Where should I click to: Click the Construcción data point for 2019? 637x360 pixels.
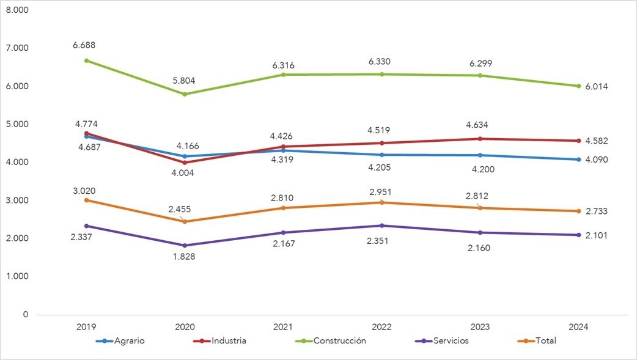pos(87,61)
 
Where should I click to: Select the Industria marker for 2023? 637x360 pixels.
pos(480,139)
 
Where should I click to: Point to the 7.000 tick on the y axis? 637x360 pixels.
pos(17,48)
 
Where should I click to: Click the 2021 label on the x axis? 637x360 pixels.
pos(283,327)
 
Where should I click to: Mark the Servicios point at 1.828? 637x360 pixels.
pos(185,246)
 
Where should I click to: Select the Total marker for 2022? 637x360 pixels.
pos(381,202)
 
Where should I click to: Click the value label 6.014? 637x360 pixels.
pos(595,87)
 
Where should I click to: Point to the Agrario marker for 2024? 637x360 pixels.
pos(578,160)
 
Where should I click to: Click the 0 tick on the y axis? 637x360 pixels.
pos(24,314)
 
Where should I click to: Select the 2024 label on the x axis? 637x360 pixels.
pos(578,327)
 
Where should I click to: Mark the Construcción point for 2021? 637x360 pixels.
pos(283,75)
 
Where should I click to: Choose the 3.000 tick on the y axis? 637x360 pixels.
pos(17,200)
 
